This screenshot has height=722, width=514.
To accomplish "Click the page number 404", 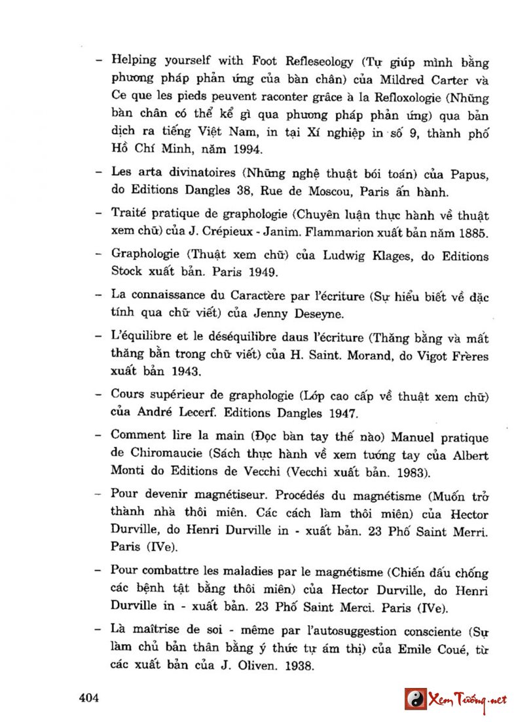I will coord(88,698).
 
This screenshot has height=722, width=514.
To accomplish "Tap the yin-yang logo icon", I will coord(414,699).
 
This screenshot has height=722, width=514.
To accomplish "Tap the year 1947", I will coord(339,413).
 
